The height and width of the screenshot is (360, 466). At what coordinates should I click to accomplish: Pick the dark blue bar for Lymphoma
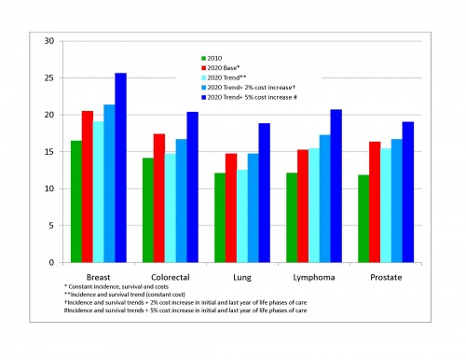click(x=336, y=186)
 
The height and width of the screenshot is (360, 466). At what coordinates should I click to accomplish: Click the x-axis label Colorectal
click(x=171, y=278)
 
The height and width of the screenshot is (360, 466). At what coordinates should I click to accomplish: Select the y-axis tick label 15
click(x=48, y=152)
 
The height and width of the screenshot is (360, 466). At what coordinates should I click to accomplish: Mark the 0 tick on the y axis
click(x=51, y=262)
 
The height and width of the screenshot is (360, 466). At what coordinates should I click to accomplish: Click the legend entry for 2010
click(x=220, y=57)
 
